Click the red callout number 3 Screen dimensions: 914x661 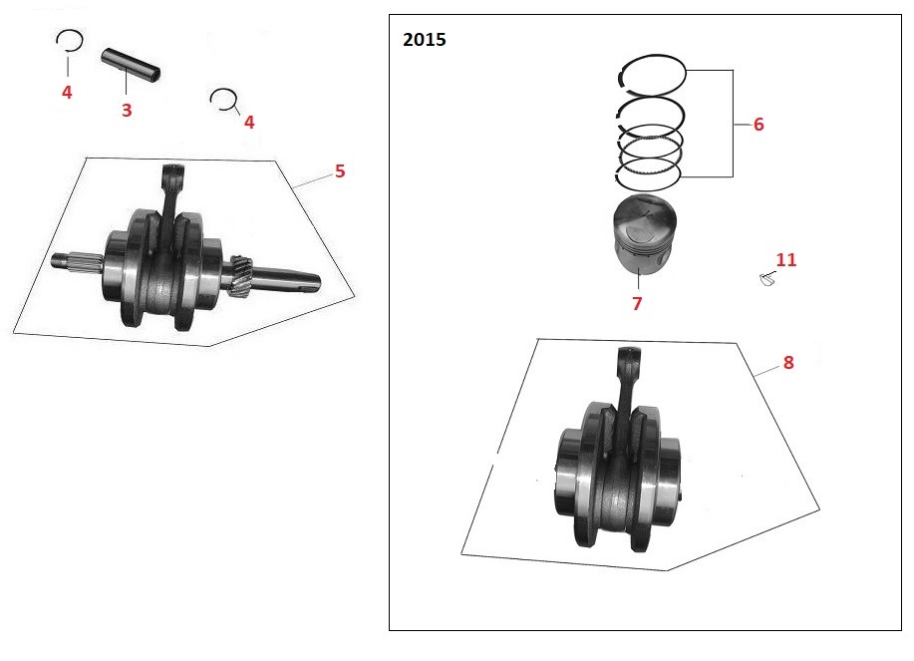pyautogui.click(x=127, y=110)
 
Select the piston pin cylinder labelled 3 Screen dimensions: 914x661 pyautogui.click(x=131, y=64)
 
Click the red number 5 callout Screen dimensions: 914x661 pyautogui.click(x=340, y=170)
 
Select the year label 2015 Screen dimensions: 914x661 pyautogui.click(x=425, y=39)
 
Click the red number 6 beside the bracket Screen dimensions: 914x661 pyautogui.click(x=759, y=125)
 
